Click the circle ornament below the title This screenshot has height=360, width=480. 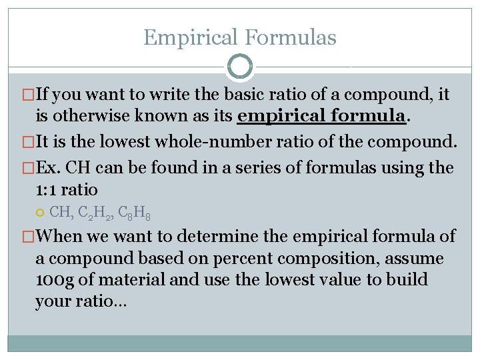tap(240, 67)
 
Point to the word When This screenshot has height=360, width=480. tap(61, 235)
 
